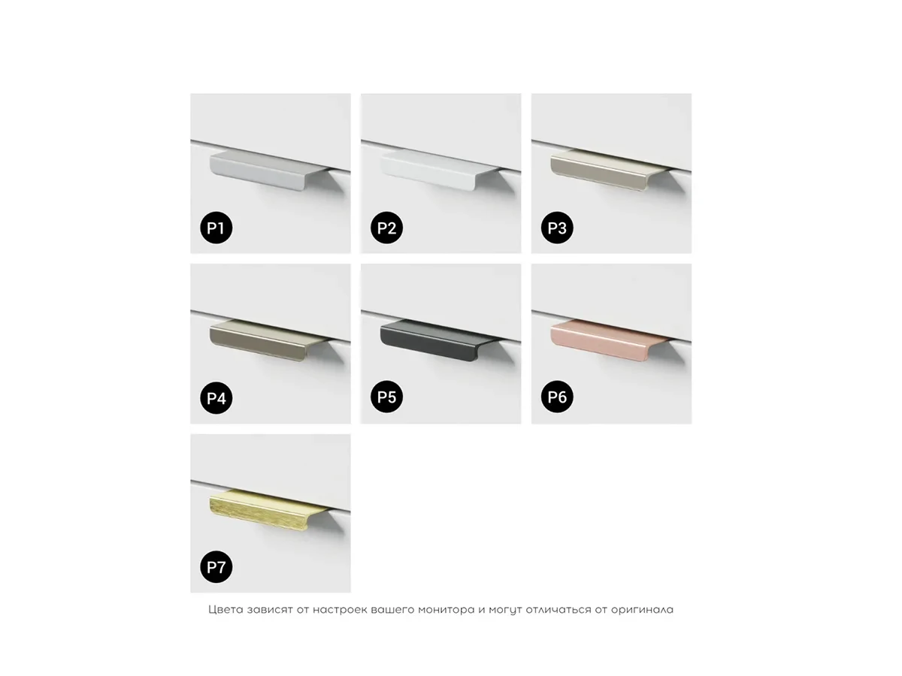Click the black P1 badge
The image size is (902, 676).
coord(216,228)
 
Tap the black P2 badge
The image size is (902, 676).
coord(386,228)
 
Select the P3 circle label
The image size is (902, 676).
coord(557,228)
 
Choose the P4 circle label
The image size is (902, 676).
coord(216,398)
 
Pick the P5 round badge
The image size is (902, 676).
coord(386,397)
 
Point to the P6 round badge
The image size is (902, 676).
coord(557,397)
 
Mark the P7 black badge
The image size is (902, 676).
coord(216,567)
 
